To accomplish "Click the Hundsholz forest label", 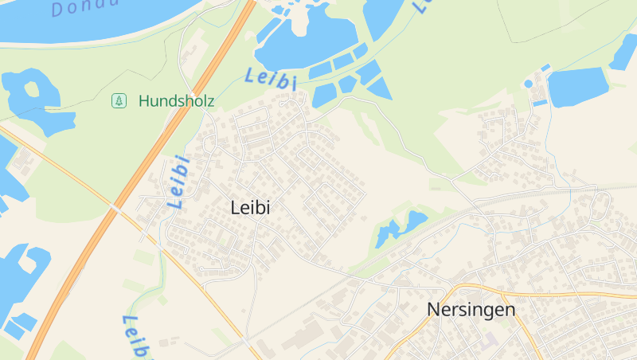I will pyautogui.click(x=176, y=101).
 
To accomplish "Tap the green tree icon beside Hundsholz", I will pyautogui.click(x=119, y=101).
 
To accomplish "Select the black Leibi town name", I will pyautogui.click(x=250, y=208).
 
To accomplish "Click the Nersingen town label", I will pyautogui.click(x=471, y=309).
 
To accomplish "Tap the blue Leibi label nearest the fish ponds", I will pyautogui.click(x=271, y=78).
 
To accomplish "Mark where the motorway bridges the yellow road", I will pyautogui.click(x=117, y=209).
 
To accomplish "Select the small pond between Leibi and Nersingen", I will pyautogui.click(x=388, y=233).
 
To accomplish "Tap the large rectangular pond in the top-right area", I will pyautogui.click(x=578, y=87).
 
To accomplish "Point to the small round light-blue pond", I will pyautogui.click(x=528, y=84).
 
